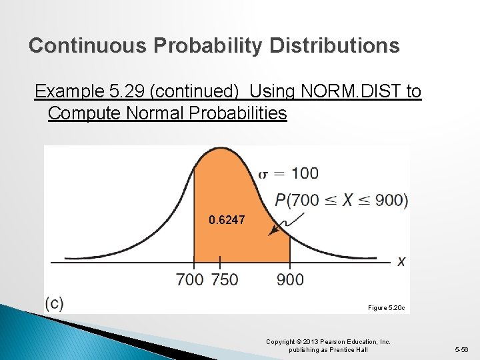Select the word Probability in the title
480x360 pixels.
(x=210, y=45)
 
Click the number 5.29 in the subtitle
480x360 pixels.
(x=115, y=91)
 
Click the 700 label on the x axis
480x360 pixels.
(x=190, y=280)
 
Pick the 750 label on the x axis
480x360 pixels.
(x=224, y=280)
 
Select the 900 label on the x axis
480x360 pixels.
(x=290, y=280)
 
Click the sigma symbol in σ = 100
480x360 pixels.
(x=263, y=174)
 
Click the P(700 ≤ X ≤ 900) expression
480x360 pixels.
(x=341, y=200)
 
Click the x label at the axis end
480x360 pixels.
(x=401, y=262)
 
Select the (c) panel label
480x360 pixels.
(x=55, y=303)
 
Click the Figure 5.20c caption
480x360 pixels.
(x=386, y=308)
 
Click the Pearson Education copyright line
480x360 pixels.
(x=328, y=342)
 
